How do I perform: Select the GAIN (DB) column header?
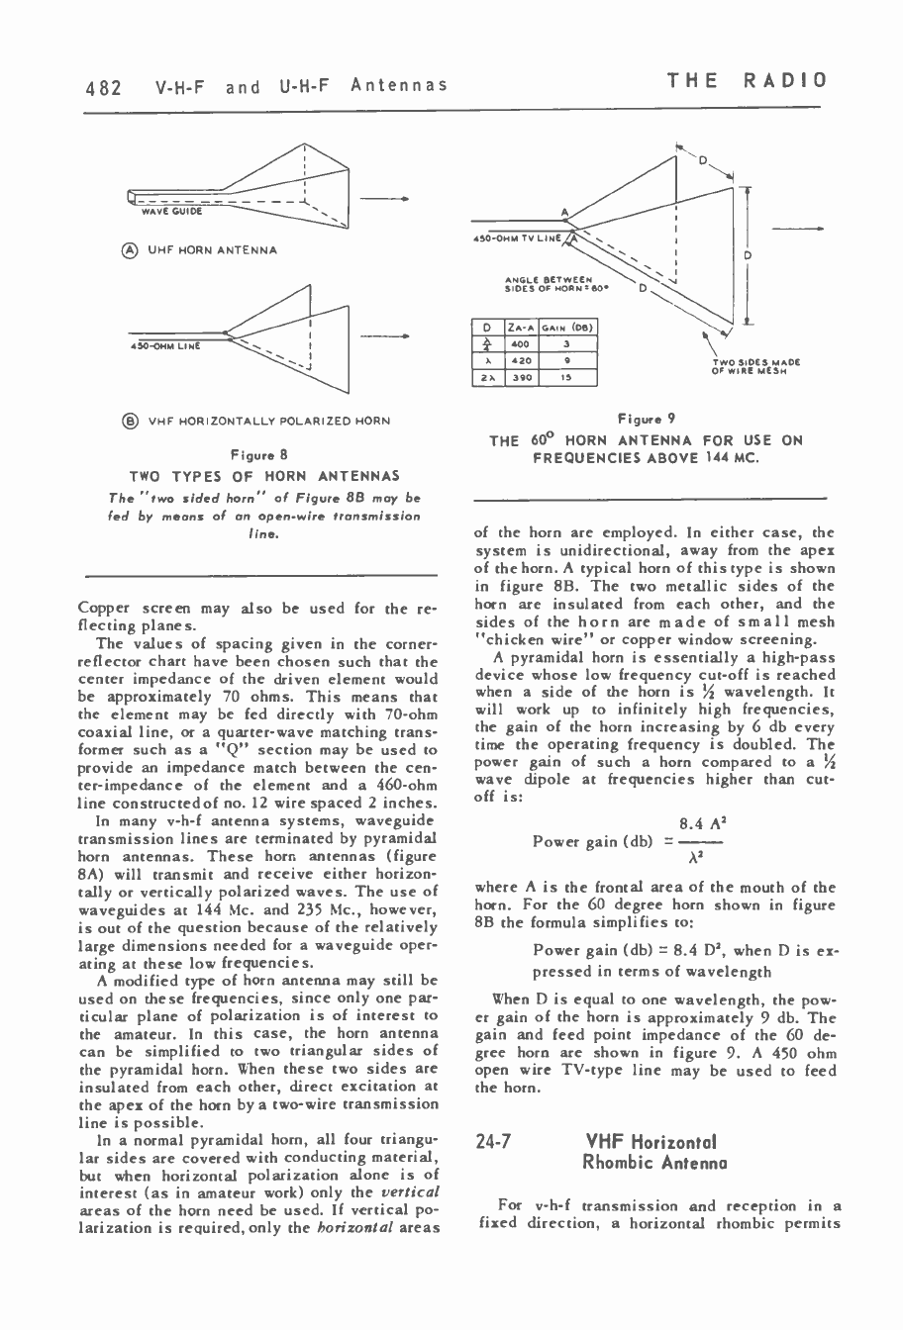tap(571, 328)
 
